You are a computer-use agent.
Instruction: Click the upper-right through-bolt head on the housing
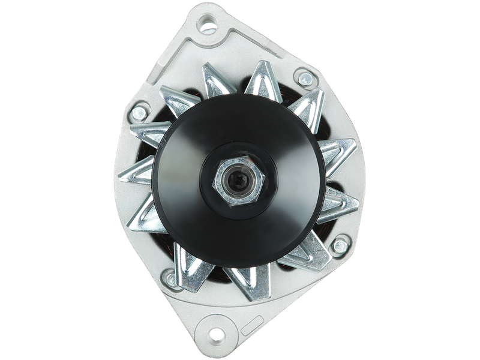click(x=305, y=78)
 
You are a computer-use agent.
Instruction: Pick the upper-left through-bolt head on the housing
click(x=140, y=111)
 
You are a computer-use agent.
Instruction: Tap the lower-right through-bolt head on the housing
click(x=340, y=245)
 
